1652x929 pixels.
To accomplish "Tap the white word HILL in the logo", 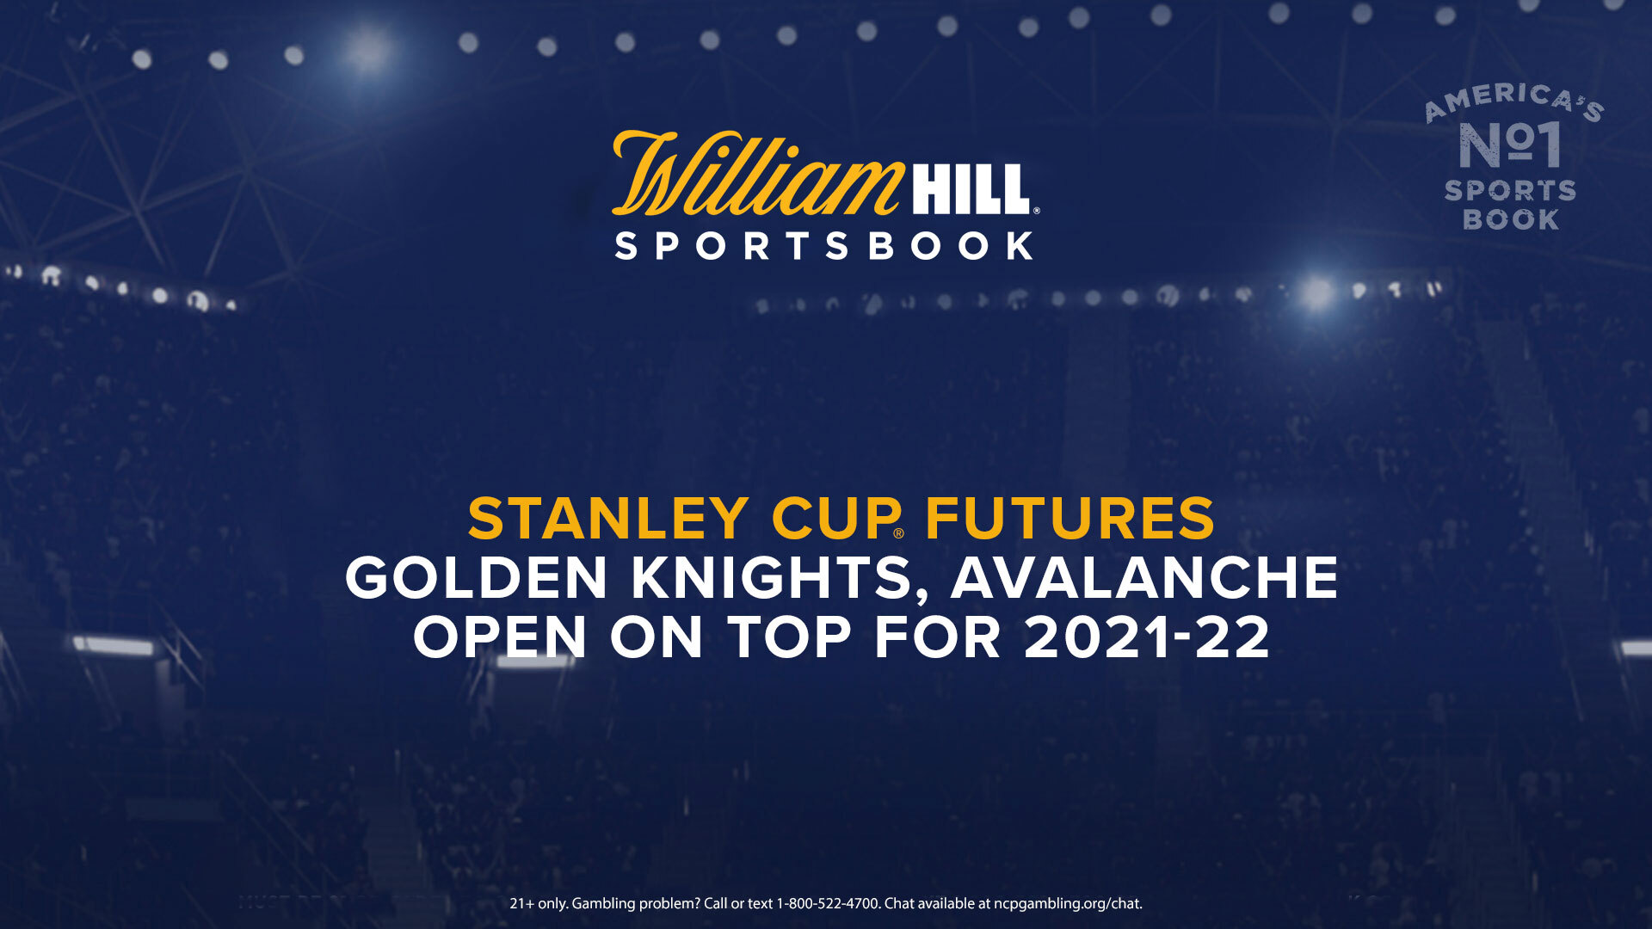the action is point(971,189).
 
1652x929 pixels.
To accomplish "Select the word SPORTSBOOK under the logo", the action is point(824,246).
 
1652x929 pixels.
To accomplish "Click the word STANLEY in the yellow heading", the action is point(607,519).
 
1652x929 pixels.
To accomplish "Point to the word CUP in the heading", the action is point(835,519).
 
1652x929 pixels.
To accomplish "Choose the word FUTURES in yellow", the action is point(1069,519).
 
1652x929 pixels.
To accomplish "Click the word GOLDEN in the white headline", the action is point(477,577).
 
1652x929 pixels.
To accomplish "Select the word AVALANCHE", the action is point(1144,577).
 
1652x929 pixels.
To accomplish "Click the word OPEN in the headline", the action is point(500,637).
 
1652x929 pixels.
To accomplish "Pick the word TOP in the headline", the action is point(790,637).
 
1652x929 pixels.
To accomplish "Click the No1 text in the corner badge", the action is point(1510,145).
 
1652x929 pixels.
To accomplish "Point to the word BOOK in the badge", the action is point(1511,219).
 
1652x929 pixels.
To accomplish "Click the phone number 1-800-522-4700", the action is point(829,904).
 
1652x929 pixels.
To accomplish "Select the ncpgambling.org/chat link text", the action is point(1068,904).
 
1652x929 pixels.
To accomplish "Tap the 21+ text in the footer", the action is point(521,904).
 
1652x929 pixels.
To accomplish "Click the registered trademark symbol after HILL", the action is point(1036,210).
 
